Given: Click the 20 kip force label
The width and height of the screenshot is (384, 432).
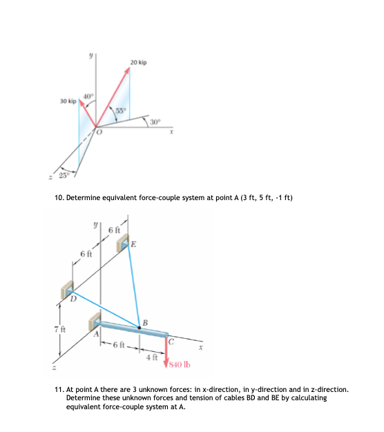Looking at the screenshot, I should (137, 63).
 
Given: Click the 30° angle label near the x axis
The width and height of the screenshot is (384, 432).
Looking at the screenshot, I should (156, 122).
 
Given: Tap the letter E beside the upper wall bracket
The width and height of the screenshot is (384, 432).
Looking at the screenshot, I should (133, 244).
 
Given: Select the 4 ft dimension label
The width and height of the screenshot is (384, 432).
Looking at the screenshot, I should (153, 358).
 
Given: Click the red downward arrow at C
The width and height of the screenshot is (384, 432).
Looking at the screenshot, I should (166, 353).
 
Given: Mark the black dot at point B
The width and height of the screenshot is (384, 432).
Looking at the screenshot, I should (139, 329).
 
